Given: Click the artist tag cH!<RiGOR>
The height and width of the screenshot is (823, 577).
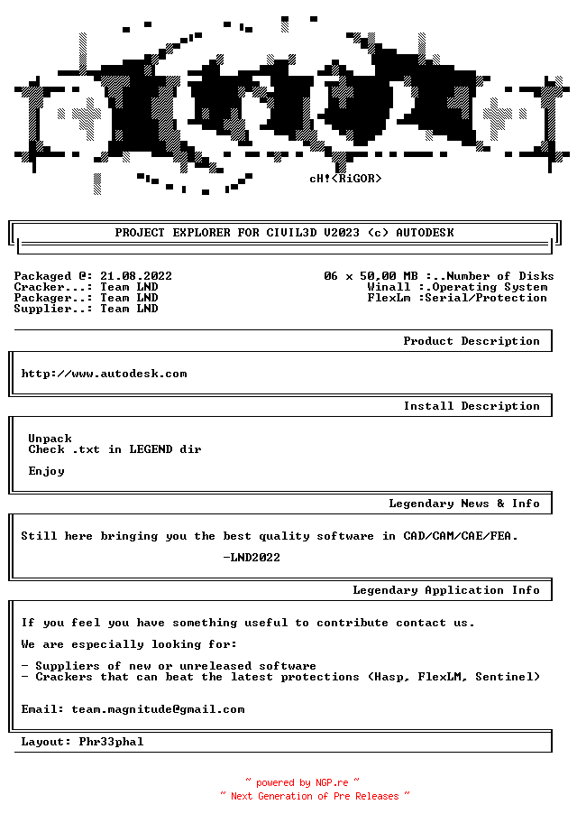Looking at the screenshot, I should click(345, 179).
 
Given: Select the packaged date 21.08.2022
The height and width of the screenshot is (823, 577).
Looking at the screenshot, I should click(136, 276).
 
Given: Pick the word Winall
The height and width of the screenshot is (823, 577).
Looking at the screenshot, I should click(389, 287).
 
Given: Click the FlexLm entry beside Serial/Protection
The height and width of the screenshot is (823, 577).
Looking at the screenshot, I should click(389, 298).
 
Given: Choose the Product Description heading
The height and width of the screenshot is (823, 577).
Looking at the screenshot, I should click(472, 341).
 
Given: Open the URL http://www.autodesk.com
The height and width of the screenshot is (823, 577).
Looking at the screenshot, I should click(104, 374).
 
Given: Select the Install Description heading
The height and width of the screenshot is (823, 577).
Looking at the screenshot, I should click(472, 406).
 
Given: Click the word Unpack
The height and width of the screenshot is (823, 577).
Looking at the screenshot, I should click(50, 439).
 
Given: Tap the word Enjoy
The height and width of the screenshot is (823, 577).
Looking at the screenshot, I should click(46, 471).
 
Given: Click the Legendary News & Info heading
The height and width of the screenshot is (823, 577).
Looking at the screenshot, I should click(464, 504).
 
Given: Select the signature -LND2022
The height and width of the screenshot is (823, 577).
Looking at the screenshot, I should click(252, 558).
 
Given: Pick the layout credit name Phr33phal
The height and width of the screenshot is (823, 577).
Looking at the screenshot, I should click(111, 742).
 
